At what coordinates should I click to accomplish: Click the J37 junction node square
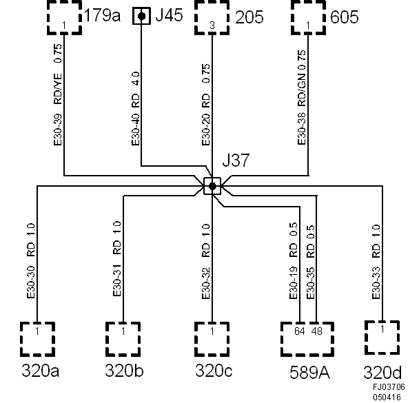pyautogui.click(x=212, y=186)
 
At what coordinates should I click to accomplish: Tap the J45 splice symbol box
pyautogui.click(x=142, y=16)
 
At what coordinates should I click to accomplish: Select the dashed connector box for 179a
pyautogui.click(x=64, y=17)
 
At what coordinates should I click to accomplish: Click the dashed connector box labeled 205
pyautogui.click(x=212, y=17)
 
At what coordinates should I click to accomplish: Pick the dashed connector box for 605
pyautogui.click(x=307, y=17)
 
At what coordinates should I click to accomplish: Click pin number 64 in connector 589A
pyautogui.click(x=299, y=331)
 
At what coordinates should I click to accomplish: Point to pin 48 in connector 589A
pyautogui.click(x=316, y=331)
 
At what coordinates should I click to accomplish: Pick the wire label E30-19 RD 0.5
pyautogui.click(x=294, y=260)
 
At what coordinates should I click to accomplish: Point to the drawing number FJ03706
pyautogui.click(x=389, y=389)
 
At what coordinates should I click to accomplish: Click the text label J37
pyautogui.click(x=236, y=162)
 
